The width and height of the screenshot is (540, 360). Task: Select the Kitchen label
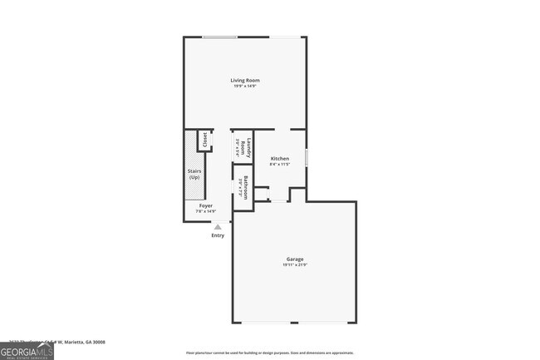point(280,158)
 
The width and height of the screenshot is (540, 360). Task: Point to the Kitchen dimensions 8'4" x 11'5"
point(280,164)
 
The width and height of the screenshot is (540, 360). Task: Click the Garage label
point(296,259)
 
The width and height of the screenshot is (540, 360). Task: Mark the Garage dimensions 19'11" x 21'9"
point(296,264)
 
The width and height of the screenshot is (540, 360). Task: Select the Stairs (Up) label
point(194,175)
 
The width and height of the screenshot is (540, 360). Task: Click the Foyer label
point(205,205)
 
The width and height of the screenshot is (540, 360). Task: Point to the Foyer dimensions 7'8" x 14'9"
point(205,211)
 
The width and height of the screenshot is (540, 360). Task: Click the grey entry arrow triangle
point(218,226)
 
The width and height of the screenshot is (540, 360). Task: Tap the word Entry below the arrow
point(218,235)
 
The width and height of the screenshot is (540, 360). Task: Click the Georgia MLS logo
point(27,350)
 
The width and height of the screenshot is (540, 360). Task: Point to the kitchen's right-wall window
point(307,157)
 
